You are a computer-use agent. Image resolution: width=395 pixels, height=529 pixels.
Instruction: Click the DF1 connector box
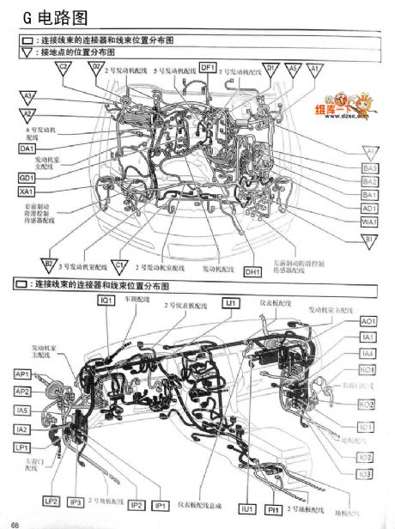[x=208, y=67]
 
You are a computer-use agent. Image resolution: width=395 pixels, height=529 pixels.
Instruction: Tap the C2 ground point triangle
[x=64, y=68]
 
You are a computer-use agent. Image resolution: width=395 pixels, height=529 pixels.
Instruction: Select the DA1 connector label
[x=27, y=149]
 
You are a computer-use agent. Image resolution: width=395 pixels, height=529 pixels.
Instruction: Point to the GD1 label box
[x=27, y=177]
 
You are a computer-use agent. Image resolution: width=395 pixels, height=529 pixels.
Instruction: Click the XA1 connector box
[x=27, y=191]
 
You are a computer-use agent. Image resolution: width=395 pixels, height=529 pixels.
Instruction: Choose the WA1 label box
[x=369, y=222]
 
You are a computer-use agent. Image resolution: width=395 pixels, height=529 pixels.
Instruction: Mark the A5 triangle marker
[x=293, y=68]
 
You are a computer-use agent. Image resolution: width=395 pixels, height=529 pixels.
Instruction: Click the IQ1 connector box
[x=106, y=301]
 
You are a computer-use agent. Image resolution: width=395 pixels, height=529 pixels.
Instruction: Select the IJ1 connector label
[x=231, y=302]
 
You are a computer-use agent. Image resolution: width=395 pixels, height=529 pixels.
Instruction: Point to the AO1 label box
[x=368, y=320]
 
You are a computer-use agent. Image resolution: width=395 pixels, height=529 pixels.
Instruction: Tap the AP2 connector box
[x=22, y=392]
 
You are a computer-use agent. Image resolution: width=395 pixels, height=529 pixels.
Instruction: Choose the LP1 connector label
[x=22, y=447]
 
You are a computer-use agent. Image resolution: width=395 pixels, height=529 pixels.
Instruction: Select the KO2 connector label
[x=367, y=404]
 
